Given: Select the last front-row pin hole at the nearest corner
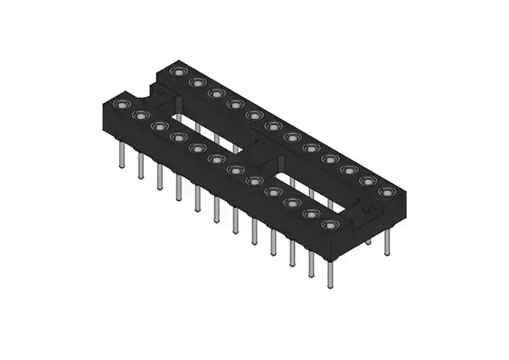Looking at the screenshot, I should pos(329,224).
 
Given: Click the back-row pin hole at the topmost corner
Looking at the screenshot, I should pos(178,72).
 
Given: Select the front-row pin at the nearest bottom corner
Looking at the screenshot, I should pos(330,275).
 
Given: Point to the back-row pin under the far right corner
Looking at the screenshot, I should pos(387,241).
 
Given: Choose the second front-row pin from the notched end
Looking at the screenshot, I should pos(140,166).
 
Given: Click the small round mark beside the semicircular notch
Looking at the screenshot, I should pos(160,92).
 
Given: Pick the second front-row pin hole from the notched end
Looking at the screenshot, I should pos(139,115).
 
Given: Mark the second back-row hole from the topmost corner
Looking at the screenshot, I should pos(197,82).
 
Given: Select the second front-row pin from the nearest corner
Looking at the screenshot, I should pos(310,264).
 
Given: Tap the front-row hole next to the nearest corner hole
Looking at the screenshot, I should pos(310,214).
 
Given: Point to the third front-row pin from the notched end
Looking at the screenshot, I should pos(160,177).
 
